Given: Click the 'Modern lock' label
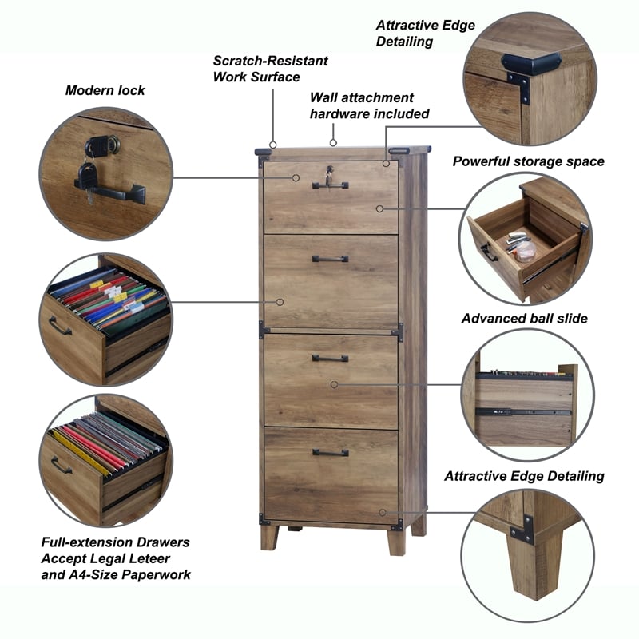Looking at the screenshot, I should click(105, 90).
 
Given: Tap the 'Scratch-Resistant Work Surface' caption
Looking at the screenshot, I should click(270, 69).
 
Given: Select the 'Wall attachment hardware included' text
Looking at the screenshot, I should click(369, 105).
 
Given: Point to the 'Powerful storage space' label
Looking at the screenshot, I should click(529, 161).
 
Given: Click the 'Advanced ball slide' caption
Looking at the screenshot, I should click(525, 319).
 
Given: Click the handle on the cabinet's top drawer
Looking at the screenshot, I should click(330, 186).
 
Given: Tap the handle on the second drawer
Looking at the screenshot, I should click(330, 259).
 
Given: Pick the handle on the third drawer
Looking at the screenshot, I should click(330, 359).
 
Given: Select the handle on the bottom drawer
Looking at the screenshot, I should click(330, 453).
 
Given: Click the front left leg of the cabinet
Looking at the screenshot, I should click(269, 537).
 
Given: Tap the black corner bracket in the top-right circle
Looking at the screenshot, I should click(531, 63).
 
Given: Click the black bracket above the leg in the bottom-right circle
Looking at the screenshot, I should click(522, 528).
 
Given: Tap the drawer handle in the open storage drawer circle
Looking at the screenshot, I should click(487, 252).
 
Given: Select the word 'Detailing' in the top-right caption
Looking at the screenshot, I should click(404, 41).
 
